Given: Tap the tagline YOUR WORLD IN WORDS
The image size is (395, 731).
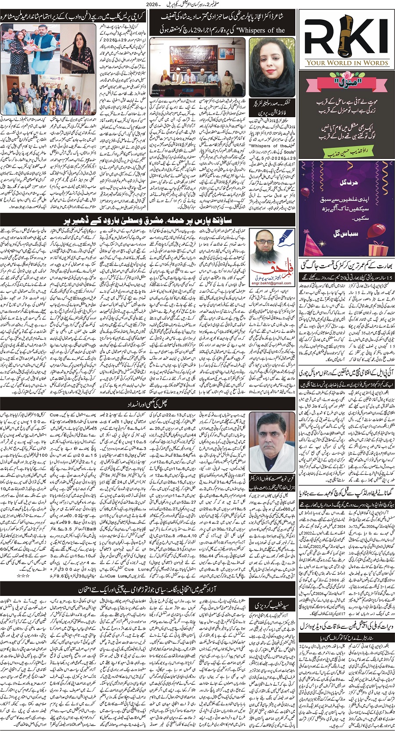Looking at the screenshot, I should pos(347,63).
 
